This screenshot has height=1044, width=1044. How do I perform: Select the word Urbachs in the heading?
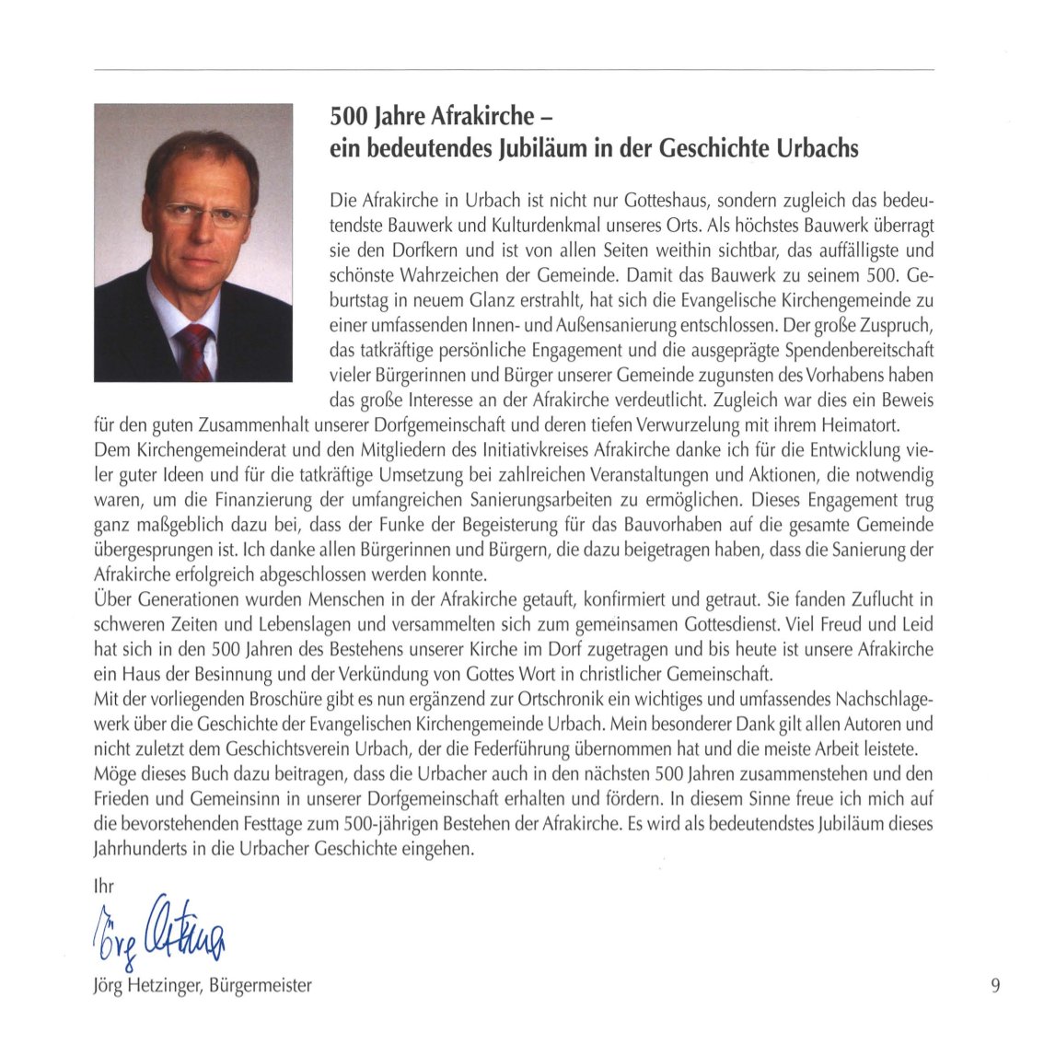(812, 148)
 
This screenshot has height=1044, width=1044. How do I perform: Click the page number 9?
(995, 986)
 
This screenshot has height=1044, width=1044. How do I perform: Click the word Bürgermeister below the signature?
(261, 986)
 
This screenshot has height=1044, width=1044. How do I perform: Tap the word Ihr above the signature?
(103, 887)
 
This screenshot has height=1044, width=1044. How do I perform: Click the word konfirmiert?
(640, 601)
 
